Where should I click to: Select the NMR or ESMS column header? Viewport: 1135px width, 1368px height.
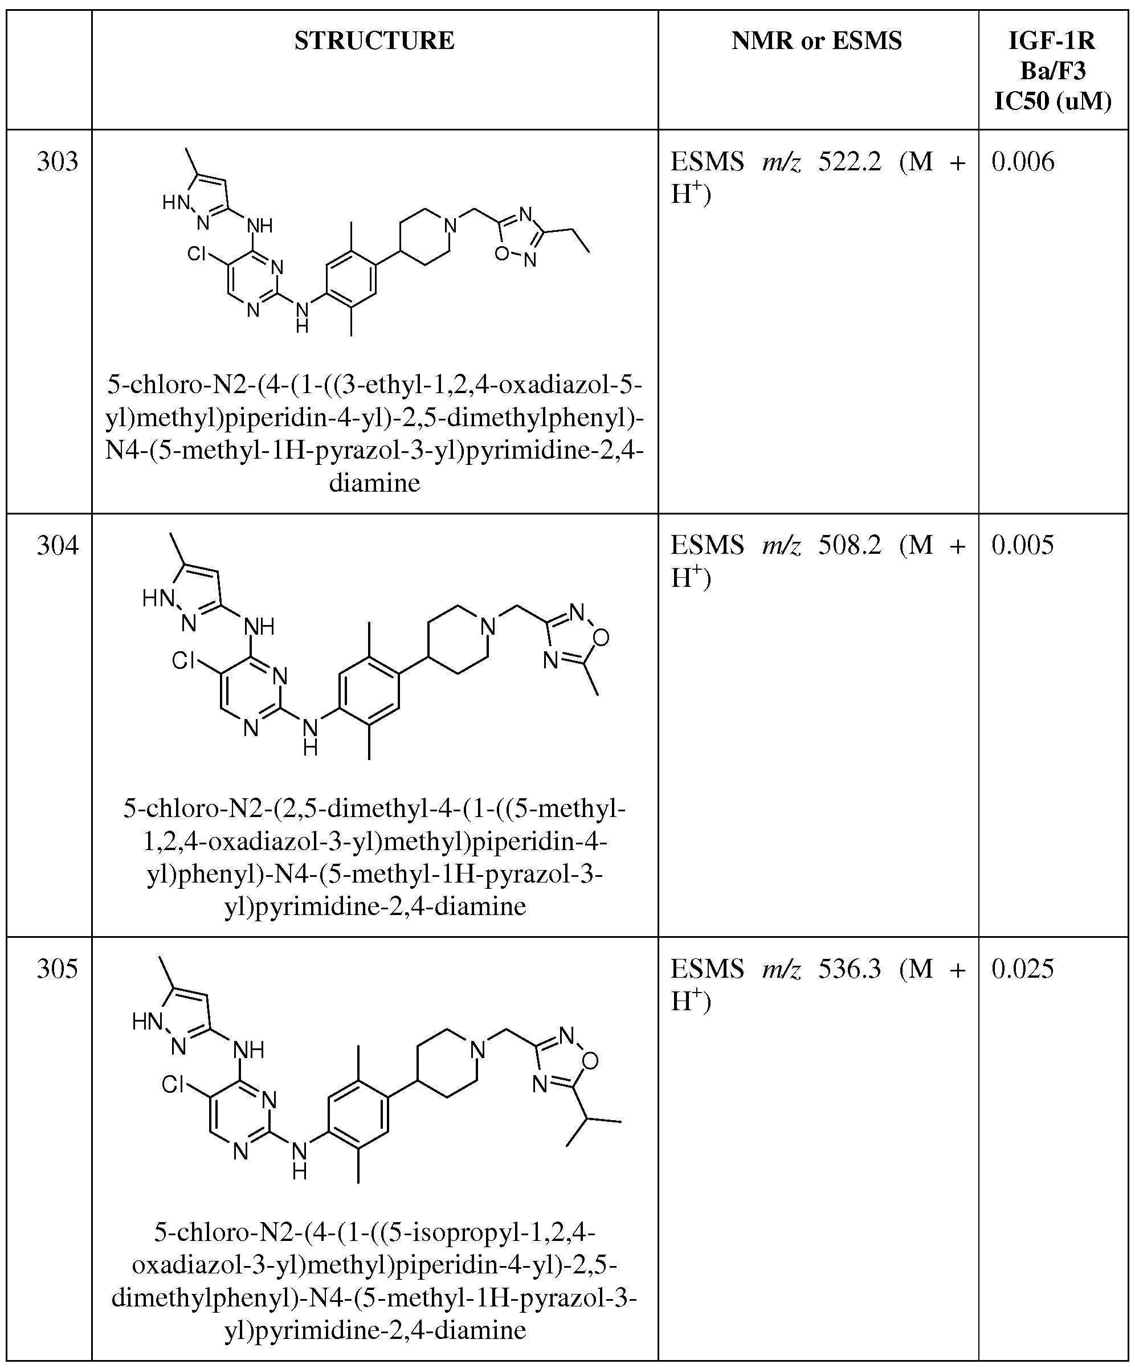817,41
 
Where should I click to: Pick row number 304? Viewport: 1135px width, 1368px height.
58,545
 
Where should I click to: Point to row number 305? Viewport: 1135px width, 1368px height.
58,969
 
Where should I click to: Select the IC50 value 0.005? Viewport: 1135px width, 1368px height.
1023,545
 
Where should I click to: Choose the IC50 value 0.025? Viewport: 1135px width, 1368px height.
1023,969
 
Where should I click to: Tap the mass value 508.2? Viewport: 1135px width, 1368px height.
850,545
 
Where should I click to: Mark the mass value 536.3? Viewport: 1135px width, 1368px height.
850,969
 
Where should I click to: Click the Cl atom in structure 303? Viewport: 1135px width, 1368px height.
197,254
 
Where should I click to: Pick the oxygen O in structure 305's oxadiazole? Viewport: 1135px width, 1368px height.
590,1061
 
